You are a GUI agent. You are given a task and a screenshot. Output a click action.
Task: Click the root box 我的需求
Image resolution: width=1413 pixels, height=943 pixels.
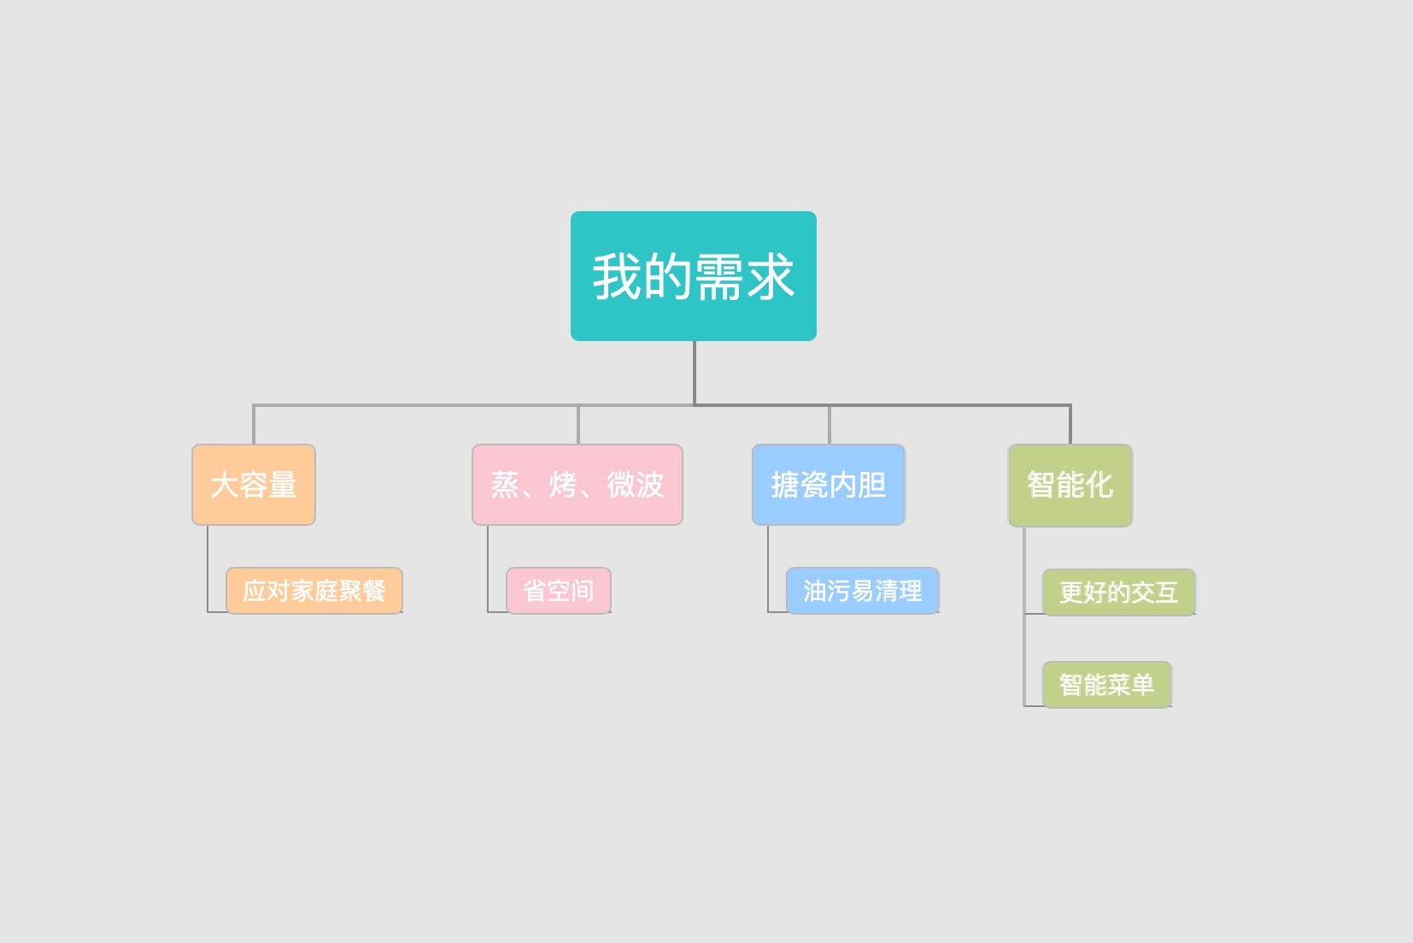693,276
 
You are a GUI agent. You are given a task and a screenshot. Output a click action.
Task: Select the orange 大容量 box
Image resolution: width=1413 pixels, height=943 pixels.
254,485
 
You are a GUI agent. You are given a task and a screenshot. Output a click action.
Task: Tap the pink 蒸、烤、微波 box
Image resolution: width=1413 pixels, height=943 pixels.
578,485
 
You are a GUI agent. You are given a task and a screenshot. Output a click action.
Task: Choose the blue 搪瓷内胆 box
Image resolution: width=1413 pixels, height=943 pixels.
829,485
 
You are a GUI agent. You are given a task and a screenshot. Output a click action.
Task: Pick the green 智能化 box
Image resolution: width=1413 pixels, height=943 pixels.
1070,486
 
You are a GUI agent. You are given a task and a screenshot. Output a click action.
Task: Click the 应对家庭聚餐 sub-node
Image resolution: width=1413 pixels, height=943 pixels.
314,591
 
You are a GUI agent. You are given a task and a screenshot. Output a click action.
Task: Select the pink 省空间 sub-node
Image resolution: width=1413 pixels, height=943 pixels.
558,591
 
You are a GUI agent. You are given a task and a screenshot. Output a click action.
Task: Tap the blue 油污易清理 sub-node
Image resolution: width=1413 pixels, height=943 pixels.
862,591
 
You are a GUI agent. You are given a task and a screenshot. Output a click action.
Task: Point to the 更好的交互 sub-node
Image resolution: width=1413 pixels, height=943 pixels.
1119,592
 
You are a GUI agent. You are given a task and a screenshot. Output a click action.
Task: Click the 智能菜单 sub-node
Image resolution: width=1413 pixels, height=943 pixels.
1107,685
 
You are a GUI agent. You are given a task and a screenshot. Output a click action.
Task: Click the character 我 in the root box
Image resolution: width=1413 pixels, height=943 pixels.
617,276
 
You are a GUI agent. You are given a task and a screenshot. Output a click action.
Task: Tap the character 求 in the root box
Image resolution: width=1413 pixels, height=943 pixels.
770,276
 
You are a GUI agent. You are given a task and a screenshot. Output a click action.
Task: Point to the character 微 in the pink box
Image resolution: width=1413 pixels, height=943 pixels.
621,485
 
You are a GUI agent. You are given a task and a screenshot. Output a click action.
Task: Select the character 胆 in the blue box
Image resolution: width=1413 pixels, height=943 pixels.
872,485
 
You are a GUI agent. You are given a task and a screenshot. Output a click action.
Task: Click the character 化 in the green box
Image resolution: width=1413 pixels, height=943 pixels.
1099,485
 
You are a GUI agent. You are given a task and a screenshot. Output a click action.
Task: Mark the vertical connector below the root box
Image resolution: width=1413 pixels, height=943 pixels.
695,373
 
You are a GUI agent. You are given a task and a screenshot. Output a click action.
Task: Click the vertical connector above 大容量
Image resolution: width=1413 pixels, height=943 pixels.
254,425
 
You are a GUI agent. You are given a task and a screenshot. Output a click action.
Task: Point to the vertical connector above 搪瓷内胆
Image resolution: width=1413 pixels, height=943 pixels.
829,425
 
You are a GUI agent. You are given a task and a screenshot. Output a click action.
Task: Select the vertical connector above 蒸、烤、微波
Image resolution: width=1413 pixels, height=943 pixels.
578,425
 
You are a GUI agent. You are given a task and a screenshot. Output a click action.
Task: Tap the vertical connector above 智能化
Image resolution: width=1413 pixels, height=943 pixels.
1070,425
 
